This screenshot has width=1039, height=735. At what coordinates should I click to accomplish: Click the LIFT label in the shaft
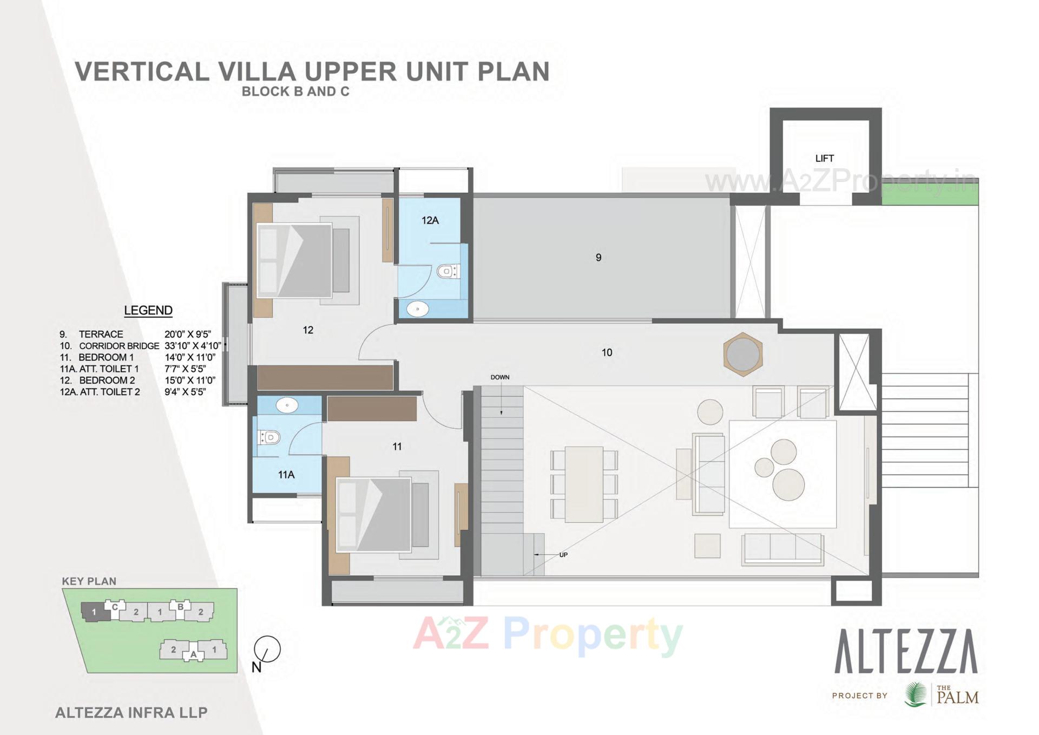(824, 159)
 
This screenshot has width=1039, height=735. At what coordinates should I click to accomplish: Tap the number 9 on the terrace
(599, 258)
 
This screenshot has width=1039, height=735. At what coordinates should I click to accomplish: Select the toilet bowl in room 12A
(448, 271)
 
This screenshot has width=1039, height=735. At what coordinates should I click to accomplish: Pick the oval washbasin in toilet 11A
(287, 405)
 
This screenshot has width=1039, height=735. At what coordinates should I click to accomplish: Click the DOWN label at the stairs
(500, 377)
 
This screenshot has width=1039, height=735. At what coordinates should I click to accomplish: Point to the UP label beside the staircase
(563, 555)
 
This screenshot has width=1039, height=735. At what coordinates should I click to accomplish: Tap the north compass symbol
(267, 649)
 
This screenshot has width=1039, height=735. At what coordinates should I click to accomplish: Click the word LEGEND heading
(148, 311)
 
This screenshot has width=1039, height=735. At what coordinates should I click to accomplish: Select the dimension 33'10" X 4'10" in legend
(193, 345)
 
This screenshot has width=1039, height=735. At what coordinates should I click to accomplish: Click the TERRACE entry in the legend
(101, 334)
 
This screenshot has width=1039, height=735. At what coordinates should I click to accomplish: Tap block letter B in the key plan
(181, 606)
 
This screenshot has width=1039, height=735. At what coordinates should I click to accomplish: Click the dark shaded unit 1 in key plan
(95, 612)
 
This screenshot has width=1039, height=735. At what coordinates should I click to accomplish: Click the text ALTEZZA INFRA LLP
(131, 713)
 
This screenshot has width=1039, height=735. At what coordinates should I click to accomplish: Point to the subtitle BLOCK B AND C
(295, 91)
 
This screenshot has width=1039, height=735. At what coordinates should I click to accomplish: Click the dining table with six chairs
(584, 484)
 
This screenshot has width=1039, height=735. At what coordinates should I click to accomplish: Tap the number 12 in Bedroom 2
(308, 330)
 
